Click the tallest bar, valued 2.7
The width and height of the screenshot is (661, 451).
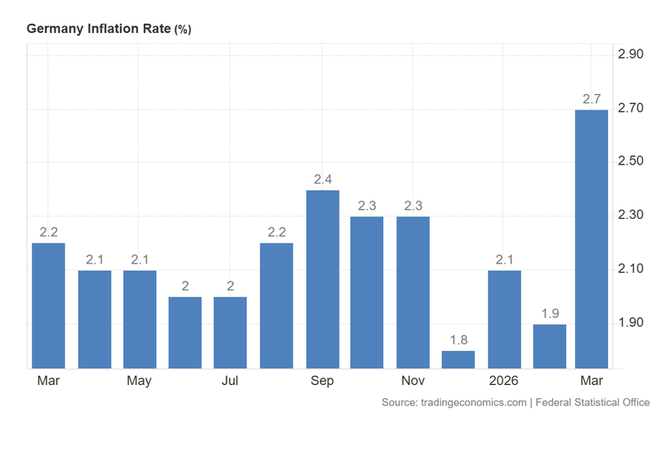pos(592,239)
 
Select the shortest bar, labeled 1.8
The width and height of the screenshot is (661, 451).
pos(459,359)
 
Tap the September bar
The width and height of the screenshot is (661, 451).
pos(322,279)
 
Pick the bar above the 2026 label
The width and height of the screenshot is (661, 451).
pos(504,319)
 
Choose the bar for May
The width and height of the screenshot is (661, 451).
pos(140,319)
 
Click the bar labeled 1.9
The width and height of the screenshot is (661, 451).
pos(549,346)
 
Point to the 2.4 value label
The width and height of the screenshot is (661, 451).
pos(322,179)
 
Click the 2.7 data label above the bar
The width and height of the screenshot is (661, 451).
pos(592,99)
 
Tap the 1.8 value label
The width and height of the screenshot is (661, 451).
pos(459,339)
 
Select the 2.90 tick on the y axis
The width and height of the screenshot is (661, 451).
pos(631,55)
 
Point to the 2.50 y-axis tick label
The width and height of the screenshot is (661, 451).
pos(631,161)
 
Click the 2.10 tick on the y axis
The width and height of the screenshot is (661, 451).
pos(631,268)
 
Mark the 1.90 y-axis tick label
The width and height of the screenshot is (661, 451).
pos(631,322)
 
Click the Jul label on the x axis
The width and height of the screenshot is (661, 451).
pos(231,381)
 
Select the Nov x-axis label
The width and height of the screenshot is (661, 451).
pos(413,381)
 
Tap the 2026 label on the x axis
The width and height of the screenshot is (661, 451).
pos(504,381)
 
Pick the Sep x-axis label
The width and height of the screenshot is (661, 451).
pos(322,381)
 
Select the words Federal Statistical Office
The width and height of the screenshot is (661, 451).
pos(592,403)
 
